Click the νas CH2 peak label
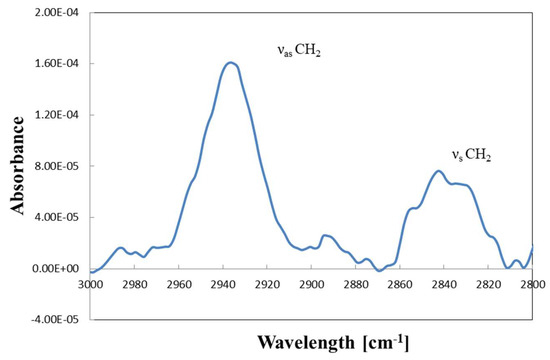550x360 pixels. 299,51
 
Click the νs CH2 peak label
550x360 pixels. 471,155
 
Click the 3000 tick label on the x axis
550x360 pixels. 90,284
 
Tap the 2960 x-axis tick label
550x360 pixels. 179,284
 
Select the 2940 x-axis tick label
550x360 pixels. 223,284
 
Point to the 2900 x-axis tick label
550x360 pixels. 311,284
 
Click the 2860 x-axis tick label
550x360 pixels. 400,284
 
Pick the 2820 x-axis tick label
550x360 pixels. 488,284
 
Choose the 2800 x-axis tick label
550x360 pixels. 532,284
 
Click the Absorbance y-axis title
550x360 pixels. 17,166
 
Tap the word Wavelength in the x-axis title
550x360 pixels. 306,342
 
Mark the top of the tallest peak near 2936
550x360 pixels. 230,63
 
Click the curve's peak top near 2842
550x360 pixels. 438,171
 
